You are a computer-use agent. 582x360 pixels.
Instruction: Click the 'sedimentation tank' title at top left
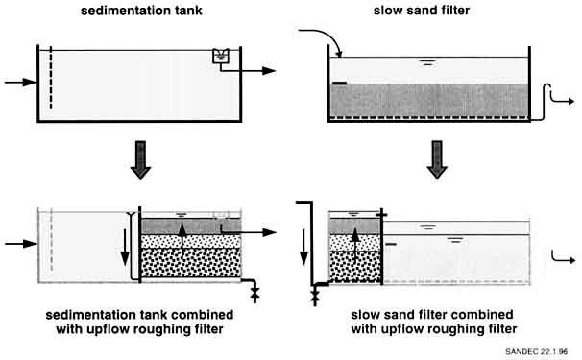(141, 11)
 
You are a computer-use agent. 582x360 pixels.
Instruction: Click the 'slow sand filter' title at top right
(422, 11)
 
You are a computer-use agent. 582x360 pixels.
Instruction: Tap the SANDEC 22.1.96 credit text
(536, 351)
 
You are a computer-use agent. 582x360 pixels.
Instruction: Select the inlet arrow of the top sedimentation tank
(21, 82)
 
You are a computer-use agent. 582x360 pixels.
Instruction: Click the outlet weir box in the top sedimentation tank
(221, 56)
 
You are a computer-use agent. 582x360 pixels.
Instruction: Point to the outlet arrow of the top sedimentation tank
(248, 69)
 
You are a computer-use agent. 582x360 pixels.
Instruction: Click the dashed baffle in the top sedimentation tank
(51, 78)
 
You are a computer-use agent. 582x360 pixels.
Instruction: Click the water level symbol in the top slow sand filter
(427, 62)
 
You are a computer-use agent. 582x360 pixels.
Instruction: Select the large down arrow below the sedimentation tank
(140, 159)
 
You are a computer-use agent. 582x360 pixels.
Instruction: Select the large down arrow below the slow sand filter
(437, 159)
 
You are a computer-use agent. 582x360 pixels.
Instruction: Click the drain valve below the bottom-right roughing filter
(315, 297)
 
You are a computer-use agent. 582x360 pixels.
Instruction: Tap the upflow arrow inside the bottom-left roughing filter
(182, 240)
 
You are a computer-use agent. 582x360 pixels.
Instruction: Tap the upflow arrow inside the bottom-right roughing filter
(355, 245)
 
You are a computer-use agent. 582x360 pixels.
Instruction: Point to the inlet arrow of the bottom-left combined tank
(21, 244)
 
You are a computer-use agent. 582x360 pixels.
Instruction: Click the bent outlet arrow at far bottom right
(563, 257)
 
